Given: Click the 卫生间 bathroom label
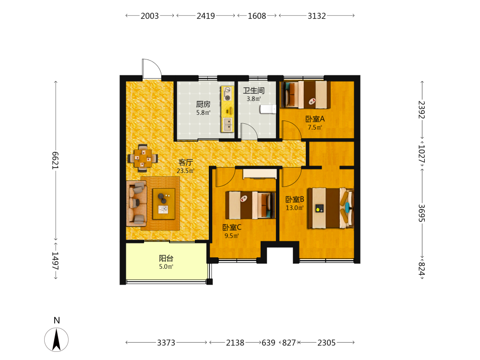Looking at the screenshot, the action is click(253, 91).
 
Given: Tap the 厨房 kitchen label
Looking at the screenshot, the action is click(203, 104).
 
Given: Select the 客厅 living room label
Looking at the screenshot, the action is click(185, 163).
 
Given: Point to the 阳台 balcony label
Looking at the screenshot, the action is click(166, 258).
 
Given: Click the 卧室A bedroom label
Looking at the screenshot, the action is click(315, 119).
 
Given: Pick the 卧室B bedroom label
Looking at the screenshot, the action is click(295, 200).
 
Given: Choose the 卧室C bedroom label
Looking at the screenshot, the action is click(232, 228).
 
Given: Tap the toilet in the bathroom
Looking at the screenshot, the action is click(268, 109).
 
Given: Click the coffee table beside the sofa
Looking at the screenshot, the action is click(164, 204).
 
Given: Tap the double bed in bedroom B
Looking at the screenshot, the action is click(331, 208).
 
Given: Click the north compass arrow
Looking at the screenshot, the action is click(56, 339).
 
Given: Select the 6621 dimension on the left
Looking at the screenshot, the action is click(55, 160).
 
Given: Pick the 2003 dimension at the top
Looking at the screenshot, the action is click(150, 16).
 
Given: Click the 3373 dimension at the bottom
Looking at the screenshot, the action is click(166, 343).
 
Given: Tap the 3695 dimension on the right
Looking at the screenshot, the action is click(422, 213).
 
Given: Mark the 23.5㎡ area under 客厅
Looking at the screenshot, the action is click(185, 171).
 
